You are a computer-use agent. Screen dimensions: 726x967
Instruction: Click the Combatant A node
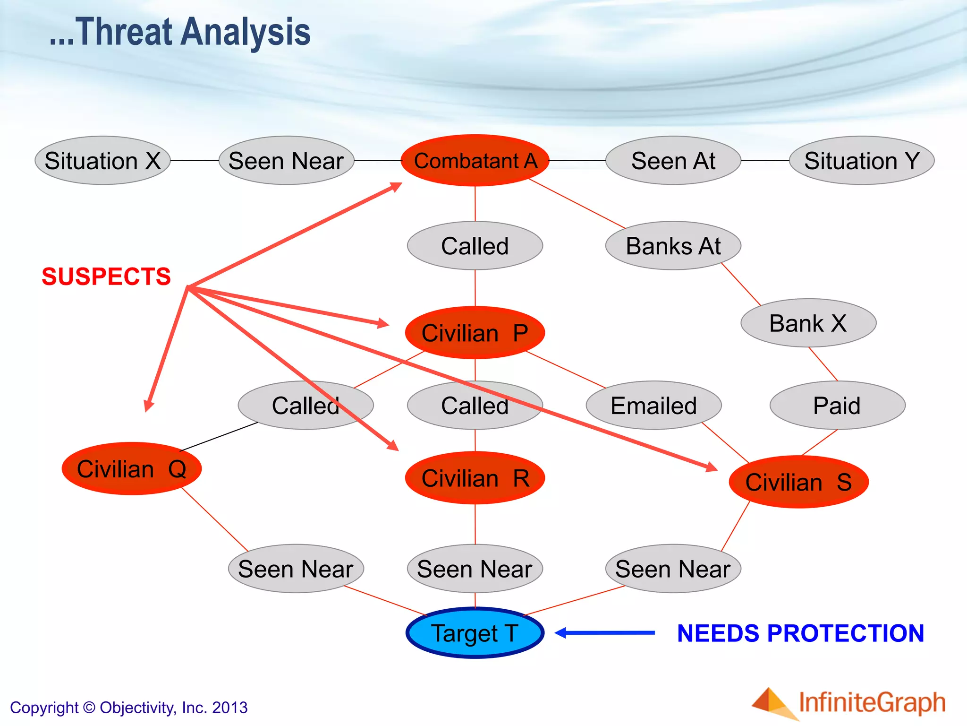(475, 161)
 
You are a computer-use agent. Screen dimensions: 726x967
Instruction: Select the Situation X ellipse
(102, 161)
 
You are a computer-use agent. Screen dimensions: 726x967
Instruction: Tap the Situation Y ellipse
(862, 161)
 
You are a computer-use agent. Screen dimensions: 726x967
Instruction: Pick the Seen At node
(673, 161)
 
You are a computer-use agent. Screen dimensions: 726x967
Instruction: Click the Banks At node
(673, 246)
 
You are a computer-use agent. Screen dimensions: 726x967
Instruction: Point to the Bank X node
(808, 323)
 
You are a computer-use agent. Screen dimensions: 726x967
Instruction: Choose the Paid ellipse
(837, 406)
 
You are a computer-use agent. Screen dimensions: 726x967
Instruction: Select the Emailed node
(653, 406)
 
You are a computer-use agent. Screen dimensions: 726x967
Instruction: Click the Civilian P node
(475, 333)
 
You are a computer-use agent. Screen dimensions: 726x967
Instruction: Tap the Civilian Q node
(132, 469)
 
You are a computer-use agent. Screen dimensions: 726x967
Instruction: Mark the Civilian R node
(475, 478)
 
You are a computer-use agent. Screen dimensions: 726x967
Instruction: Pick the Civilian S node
(798, 482)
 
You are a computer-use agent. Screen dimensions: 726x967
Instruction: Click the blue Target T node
(475, 633)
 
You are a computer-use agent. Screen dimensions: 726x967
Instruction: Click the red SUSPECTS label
(106, 277)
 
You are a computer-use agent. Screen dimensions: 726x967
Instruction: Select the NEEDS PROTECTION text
(800, 633)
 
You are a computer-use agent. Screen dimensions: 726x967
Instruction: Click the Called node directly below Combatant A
(475, 246)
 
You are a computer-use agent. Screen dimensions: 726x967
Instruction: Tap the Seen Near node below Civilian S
(673, 569)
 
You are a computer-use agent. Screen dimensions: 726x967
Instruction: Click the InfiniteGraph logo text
(872, 703)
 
